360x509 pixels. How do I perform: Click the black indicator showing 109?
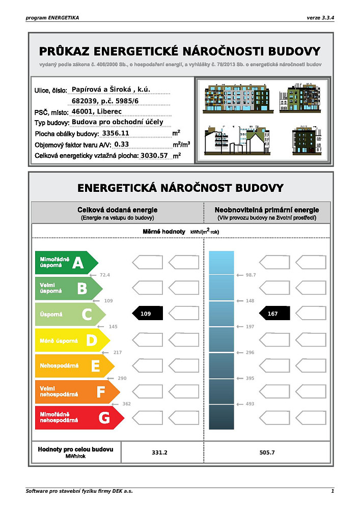[x=147, y=314]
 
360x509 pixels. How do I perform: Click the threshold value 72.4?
[x=105, y=275]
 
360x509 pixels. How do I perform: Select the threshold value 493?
[x=250, y=404]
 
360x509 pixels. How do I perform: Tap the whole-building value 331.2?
[x=160, y=452]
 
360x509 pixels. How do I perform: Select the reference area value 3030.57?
[x=153, y=155]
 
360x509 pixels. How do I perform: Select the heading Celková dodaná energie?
[x=117, y=210]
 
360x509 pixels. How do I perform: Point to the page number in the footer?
[x=333, y=491]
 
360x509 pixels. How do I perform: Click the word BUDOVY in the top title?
[x=295, y=51]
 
